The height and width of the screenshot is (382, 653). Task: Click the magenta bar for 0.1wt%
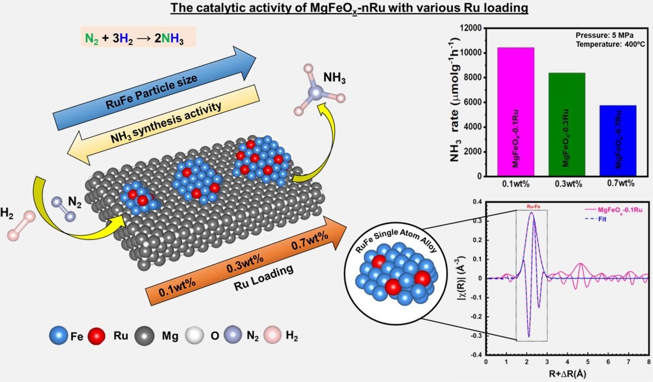click(516, 112)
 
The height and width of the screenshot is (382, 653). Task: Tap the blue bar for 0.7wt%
click(618, 140)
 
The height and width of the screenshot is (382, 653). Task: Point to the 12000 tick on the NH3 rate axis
click(471, 28)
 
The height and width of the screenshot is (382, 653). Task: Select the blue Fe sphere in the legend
click(59, 335)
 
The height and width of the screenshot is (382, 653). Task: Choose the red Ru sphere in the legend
click(96, 335)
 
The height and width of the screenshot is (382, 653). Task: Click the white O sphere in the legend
click(194, 335)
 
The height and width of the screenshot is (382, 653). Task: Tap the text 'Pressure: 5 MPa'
click(604, 35)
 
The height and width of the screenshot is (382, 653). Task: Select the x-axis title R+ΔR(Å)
click(568, 374)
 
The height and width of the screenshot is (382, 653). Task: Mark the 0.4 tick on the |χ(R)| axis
click(476, 202)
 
